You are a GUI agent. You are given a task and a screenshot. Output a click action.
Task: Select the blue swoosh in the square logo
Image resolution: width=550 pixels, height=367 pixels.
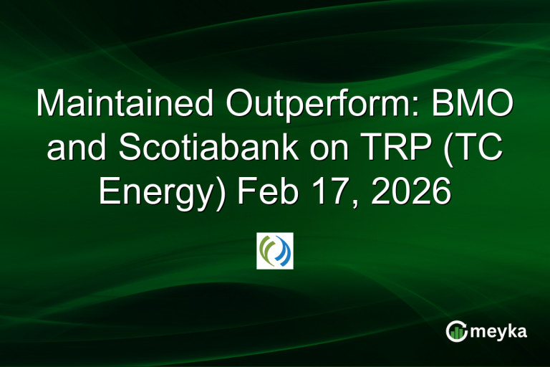click(283, 250)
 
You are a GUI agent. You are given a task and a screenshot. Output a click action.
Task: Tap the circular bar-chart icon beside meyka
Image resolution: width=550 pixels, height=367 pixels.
click(455, 330)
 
